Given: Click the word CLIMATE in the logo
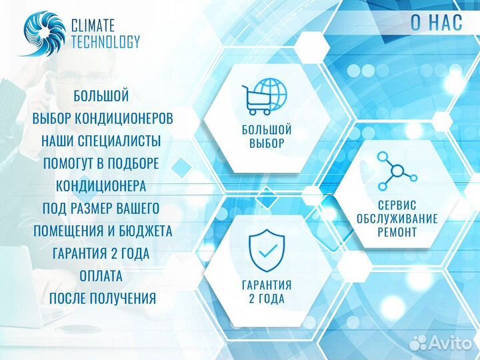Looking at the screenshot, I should point(93,25).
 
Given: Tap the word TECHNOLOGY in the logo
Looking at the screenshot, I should point(105,41).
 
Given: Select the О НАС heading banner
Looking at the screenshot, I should point(437,21).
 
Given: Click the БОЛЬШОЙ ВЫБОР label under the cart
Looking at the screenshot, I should point(267,136).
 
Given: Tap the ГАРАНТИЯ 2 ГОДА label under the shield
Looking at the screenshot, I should point(267,291).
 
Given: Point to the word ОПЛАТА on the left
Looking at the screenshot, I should point(101,276).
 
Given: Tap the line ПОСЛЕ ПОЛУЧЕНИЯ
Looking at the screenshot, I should point(102,299).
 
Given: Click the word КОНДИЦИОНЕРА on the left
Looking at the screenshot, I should point(101,186).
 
